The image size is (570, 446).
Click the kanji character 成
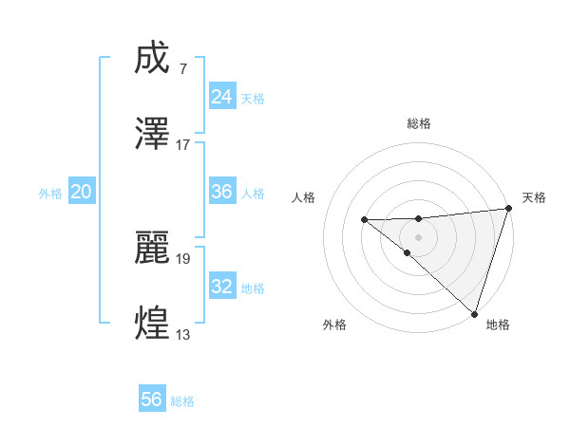tap(153, 60)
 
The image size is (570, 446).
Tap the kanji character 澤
tap(153, 133)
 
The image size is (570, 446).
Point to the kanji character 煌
tap(153, 323)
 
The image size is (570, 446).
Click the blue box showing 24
tap(221, 97)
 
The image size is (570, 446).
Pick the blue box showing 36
tap(221, 192)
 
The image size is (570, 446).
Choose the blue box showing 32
tap(221, 287)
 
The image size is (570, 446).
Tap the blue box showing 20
tap(81, 192)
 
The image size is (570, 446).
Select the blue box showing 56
tap(152, 400)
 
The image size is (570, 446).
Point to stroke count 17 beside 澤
tap(183, 145)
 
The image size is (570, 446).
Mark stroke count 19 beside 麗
tap(183, 257)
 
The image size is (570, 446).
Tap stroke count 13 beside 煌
tap(183, 335)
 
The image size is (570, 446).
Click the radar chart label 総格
tap(419, 123)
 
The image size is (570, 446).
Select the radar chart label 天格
tap(534, 197)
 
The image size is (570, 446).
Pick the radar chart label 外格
tap(334, 325)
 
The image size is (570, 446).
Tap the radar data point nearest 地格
tap(474, 312)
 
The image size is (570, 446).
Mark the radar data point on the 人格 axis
tap(365, 220)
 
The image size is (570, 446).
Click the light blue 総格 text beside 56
tap(182, 401)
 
